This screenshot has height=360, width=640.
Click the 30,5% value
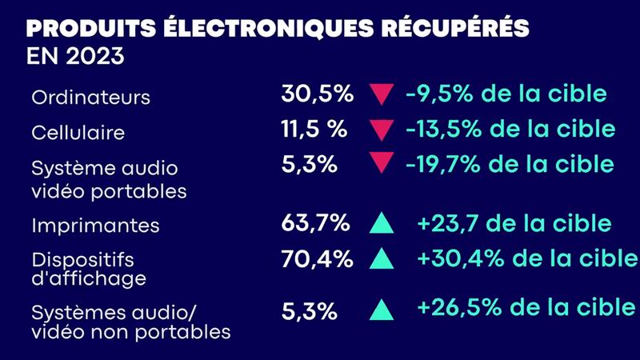click(317, 93)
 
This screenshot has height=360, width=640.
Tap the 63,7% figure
click(315, 222)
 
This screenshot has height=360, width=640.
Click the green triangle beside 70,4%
click(382, 259)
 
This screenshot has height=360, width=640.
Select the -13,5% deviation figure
click(442, 128)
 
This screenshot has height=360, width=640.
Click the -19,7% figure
click(442, 164)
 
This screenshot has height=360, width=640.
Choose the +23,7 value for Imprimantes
click(444, 223)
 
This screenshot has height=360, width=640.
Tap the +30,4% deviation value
click(453, 258)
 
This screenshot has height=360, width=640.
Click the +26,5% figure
click(453, 306)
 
